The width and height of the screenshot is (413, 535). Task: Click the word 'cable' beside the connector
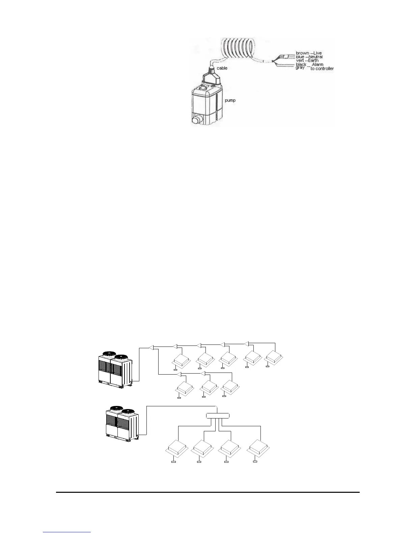[222, 68]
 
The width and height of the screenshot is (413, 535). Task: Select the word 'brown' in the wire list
[302, 53]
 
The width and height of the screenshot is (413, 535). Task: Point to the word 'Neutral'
[315, 57]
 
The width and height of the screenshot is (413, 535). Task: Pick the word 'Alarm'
[318, 65]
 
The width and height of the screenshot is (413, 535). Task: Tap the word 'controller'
[325, 69]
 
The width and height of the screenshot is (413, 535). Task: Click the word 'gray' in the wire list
[300, 68]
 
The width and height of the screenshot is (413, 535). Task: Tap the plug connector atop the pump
[212, 78]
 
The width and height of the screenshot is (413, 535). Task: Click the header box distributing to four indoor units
[218, 415]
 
